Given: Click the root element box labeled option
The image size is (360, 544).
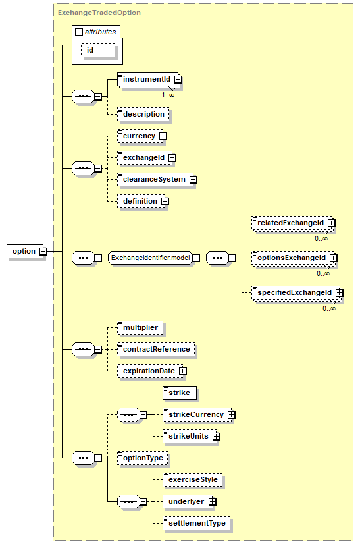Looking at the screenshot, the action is tap(25, 251).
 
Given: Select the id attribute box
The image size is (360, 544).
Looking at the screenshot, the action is tap(98, 50).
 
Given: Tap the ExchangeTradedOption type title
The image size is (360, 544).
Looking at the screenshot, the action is tap(99, 13).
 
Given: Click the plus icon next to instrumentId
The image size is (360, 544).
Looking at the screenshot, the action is tap(178, 80).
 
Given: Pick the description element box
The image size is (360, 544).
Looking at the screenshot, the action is tap(143, 115).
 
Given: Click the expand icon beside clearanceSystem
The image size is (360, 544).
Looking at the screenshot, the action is tap(193, 180).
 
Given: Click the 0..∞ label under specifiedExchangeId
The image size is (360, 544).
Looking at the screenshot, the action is tap(329, 308).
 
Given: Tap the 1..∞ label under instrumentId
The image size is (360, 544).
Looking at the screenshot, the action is tap(168, 95).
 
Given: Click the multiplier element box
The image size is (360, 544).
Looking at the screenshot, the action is tap(140, 328).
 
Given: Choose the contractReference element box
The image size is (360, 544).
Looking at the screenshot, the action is tap(156, 349).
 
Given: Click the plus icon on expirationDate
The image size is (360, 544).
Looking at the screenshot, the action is tap(183, 371).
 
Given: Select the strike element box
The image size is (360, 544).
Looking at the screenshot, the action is tap(180, 393).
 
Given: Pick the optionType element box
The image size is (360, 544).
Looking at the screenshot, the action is tap(143, 458).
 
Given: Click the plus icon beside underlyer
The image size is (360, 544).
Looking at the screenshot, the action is tap(213, 502).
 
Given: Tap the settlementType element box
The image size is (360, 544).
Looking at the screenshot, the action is tap(197, 523).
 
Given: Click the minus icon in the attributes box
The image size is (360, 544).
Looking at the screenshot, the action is tap(79, 32).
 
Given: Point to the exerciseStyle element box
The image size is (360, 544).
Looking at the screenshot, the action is tap(193, 480).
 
